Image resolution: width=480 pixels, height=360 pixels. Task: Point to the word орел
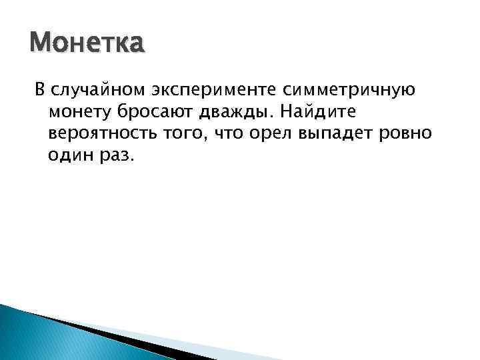click(x=274, y=133)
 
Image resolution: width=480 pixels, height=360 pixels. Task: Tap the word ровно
click(x=408, y=133)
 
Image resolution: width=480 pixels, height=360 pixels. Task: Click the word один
click(x=69, y=156)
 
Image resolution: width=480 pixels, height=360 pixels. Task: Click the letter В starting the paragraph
click(x=39, y=89)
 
